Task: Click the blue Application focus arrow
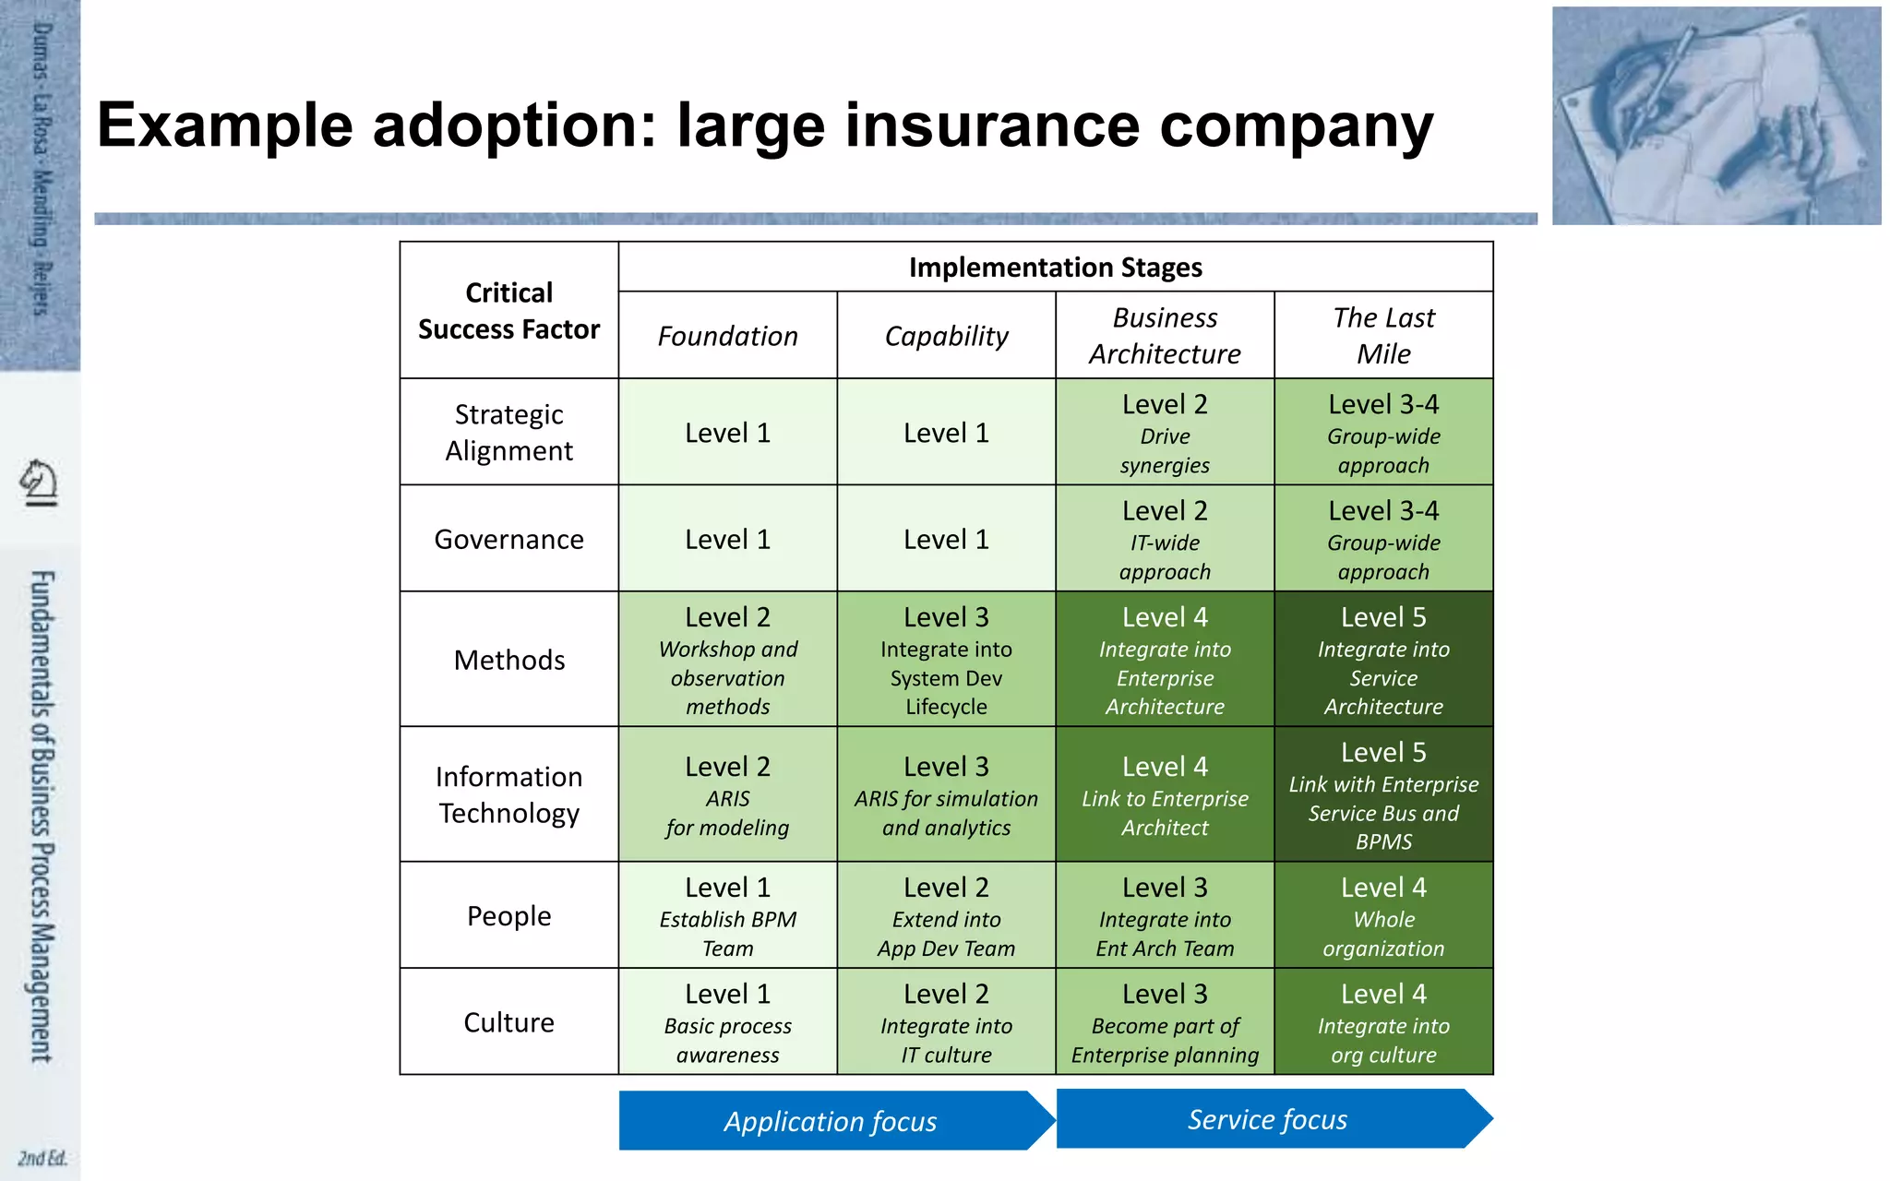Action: click(831, 1121)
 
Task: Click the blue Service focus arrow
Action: click(1268, 1119)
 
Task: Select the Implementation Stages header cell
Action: click(1055, 268)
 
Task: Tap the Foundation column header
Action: click(727, 336)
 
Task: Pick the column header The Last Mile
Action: click(1383, 336)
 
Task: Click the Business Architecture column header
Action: click(1165, 336)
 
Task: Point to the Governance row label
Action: click(508, 539)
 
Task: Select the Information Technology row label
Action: click(508, 794)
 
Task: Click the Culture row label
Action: click(508, 1022)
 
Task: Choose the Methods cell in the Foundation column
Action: click(727, 660)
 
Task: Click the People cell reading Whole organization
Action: click(1383, 916)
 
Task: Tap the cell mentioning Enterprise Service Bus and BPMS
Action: click(1383, 795)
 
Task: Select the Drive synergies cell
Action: click(1165, 433)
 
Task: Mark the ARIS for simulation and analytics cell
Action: click(946, 795)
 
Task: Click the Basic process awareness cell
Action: click(727, 1022)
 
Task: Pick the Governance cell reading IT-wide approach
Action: click(1165, 539)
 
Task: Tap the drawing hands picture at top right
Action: click(1716, 116)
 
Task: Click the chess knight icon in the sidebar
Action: click(39, 482)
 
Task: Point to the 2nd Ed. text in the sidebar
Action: click(42, 1158)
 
